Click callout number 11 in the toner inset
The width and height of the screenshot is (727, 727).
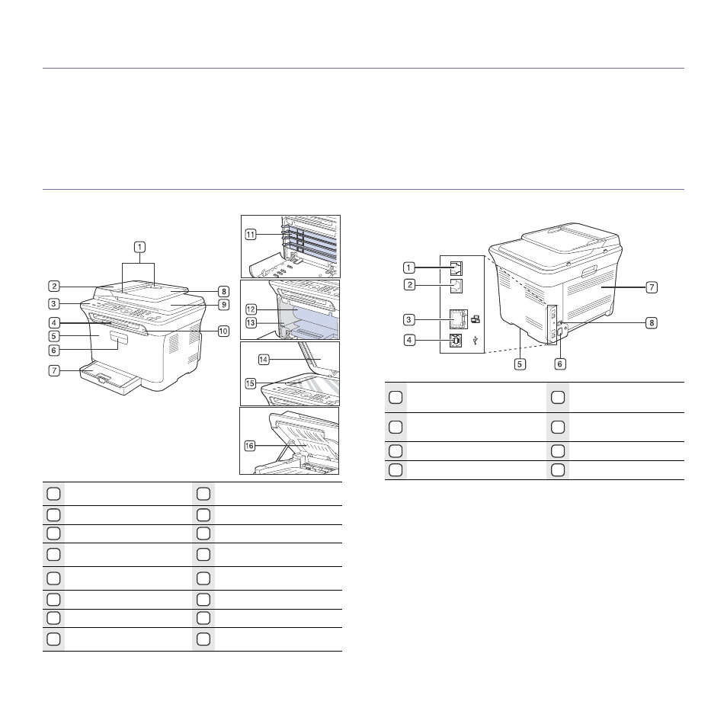251,235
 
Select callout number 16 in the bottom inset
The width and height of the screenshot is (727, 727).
249,446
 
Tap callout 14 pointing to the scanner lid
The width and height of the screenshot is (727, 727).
264,360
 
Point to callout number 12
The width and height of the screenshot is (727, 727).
251,309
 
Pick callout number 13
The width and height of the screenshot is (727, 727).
251,322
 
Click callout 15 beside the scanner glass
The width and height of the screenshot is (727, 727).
251,383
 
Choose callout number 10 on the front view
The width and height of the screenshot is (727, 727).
223,331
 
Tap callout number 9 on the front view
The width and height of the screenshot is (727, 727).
224,305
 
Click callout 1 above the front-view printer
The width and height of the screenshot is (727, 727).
139,247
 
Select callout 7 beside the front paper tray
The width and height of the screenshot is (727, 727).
54,370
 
